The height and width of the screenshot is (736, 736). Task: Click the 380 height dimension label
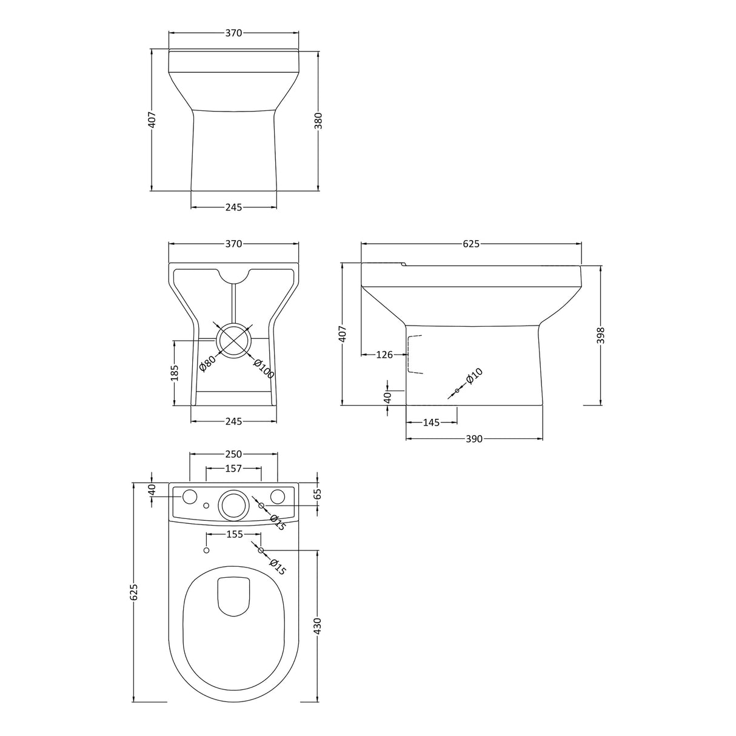(318, 122)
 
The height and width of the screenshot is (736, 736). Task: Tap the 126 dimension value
(384, 355)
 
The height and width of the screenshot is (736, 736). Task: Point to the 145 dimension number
(430, 423)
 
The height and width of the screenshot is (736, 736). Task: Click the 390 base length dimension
(474, 438)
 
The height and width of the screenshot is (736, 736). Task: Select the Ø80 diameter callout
(207, 364)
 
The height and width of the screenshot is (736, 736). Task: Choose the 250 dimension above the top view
(234, 454)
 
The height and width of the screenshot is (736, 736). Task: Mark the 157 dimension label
(233, 468)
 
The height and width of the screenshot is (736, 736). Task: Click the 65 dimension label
(318, 493)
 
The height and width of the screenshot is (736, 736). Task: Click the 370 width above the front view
(233, 33)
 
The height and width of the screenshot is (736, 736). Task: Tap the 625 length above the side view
(471, 244)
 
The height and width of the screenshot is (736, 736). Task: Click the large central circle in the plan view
(233, 504)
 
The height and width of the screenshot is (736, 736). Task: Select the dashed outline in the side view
(413, 354)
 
